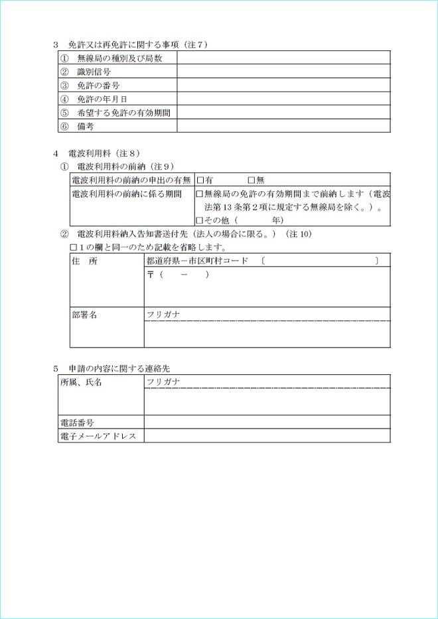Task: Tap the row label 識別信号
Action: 94,72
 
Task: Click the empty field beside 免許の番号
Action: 283,86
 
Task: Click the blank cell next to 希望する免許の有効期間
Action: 283,113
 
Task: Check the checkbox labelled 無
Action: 251,180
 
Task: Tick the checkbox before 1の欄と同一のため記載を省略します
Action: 74,247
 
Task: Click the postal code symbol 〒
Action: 151,275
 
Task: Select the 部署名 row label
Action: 84,315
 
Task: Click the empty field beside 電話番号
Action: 267,423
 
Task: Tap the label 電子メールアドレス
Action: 98,436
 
